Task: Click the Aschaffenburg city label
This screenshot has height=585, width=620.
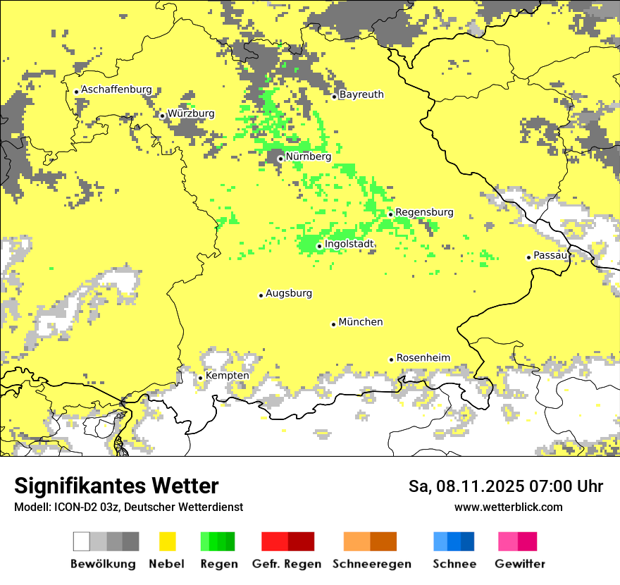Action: pos(116,90)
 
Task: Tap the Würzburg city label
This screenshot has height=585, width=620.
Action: pos(191,113)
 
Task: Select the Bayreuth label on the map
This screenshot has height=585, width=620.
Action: pos(361,94)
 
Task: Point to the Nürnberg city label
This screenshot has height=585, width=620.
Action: pos(308,156)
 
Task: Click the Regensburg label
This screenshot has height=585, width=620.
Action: pos(424,212)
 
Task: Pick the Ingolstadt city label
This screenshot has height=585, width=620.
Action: pos(349,244)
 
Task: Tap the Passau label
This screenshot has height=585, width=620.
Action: pos(551,255)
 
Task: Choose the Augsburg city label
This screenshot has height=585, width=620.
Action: pos(289,293)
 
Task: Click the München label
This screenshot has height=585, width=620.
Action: pos(361,322)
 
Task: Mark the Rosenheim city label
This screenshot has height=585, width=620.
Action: pos(423,358)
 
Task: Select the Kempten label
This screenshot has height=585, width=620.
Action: pos(227,376)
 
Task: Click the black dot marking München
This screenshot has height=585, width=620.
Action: pos(334,324)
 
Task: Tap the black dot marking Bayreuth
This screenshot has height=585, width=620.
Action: pos(335,97)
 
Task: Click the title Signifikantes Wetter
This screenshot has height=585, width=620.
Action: pos(116,486)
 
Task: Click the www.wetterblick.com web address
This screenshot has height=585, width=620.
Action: pos(508,507)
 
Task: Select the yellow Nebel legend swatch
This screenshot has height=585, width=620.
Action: pos(167,541)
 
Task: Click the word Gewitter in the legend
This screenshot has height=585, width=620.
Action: pos(519,564)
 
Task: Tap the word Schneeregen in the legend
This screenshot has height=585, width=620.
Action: pos(372,564)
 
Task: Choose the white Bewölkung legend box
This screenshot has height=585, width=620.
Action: pos(82,541)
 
